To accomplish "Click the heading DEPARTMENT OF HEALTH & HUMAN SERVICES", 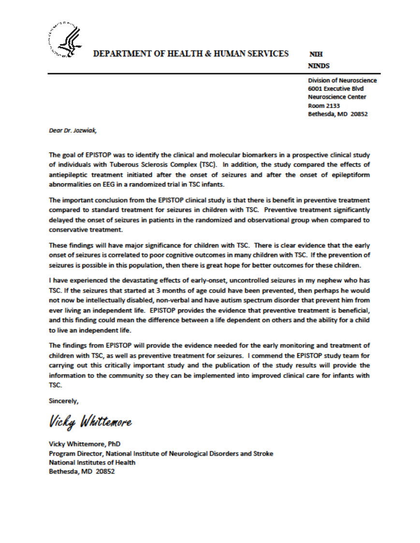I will click(x=191, y=54).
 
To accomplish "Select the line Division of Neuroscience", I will click(x=342, y=81).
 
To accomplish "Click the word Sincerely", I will click(x=64, y=400).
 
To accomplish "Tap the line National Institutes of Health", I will click(x=92, y=462).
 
